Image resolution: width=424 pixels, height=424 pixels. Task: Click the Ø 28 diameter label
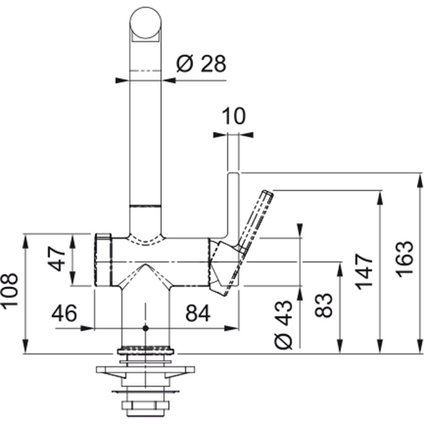(x=201, y=64)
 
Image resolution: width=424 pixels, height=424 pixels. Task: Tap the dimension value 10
(x=234, y=116)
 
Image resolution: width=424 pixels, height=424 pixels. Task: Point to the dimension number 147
(x=364, y=272)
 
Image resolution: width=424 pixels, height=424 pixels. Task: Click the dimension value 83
(x=323, y=305)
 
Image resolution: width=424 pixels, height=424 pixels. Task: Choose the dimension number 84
(x=198, y=313)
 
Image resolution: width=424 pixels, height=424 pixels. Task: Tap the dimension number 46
(x=64, y=313)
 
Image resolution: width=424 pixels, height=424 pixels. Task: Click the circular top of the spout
(x=146, y=23)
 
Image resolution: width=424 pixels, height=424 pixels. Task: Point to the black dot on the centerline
(x=146, y=328)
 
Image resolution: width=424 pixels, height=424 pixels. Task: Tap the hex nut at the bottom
(x=145, y=405)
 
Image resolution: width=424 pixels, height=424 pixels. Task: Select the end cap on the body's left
(x=103, y=260)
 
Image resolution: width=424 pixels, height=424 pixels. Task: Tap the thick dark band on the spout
(x=146, y=206)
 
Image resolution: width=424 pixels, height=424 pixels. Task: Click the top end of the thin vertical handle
(x=233, y=173)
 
